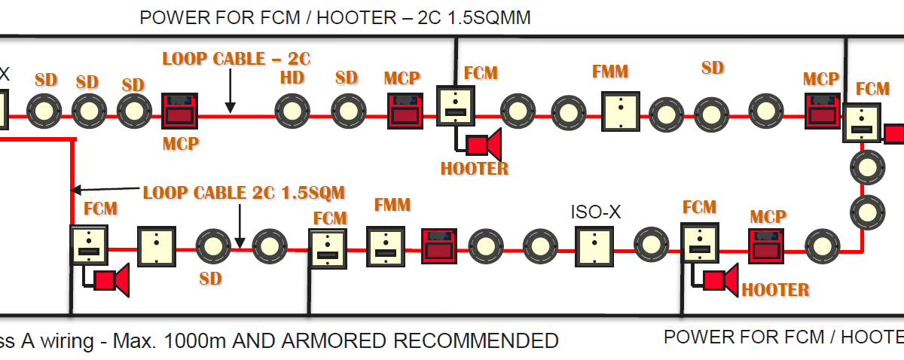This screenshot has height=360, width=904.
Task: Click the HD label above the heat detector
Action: pyautogui.click(x=292, y=78)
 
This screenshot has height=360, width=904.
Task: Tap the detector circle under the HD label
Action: pyautogui.click(x=292, y=111)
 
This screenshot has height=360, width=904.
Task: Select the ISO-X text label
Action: pyautogui.click(x=596, y=212)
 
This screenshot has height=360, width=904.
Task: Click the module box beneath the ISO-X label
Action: pyautogui.click(x=594, y=246)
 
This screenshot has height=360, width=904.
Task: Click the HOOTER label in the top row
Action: pyautogui.click(x=474, y=168)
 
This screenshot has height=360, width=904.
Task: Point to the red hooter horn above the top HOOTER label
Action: pyautogui.click(x=484, y=144)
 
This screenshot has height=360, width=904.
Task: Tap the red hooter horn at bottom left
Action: pyautogui.click(x=111, y=280)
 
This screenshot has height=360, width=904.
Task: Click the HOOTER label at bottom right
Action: pyautogui.click(x=775, y=290)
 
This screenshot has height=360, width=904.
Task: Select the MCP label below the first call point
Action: pyautogui.click(x=181, y=143)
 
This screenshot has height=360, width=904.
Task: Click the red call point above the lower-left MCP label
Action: pyautogui.click(x=179, y=111)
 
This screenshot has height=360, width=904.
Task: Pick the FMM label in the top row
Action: pyautogui.click(x=610, y=72)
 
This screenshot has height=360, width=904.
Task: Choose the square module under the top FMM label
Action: pyautogui.click(x=621, y=111)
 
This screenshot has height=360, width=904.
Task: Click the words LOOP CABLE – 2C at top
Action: pyautogui.click(x=237, y=59)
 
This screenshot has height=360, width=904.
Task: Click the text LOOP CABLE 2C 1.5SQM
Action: pyautogui.click(x=244, y=193)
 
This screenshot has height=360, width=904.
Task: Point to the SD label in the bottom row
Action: pyautogui.click(x=211, y=279)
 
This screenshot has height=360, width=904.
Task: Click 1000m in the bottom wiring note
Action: pyautogui.click(x=195, y=340)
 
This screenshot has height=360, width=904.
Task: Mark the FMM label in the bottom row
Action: pyautogui.click(x=392, y=205)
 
